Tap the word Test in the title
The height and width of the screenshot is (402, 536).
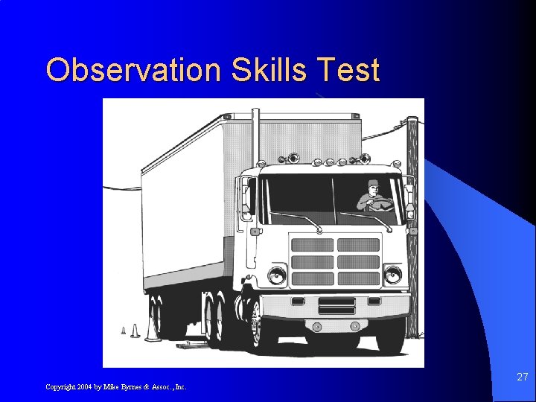point(348,70)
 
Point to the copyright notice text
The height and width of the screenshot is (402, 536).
point(116,386)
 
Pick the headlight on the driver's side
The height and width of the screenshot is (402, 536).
point(392,275)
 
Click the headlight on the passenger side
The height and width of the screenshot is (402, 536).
point(277,275)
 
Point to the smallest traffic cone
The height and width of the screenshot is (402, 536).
point(124,330)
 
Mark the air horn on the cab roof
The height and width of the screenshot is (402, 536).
point(293,158)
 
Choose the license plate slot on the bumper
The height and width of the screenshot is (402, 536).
point(336,306)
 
